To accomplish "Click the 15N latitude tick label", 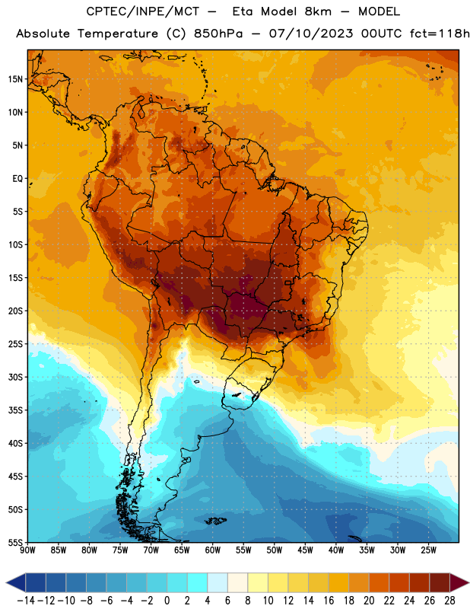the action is coord(15,79).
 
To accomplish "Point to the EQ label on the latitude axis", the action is coord(17,179).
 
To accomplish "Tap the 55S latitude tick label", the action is coord(15,543).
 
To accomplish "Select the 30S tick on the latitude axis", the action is coord(15,377).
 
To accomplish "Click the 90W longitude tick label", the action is coord(27,550).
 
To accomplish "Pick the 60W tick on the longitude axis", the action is coord(213,550).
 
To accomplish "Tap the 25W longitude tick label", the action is coord(428,550).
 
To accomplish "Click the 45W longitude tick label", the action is coord(305,550).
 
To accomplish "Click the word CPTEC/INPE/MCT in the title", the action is coord(143,11).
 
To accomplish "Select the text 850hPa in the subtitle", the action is coord(218,33).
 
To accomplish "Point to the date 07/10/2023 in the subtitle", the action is coord(311,33).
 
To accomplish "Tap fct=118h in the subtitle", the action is coord(440,33).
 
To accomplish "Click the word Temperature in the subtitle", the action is coord(118,33).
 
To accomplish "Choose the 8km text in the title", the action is coord(318,11).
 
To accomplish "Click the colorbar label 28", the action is coord(449,601).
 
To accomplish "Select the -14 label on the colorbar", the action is coord(26,601).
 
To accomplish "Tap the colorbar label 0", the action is coord(167,601).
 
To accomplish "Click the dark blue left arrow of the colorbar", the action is coord(16,582).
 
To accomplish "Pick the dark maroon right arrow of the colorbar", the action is coord(459,582).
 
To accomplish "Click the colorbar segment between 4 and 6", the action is coord(218,582).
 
